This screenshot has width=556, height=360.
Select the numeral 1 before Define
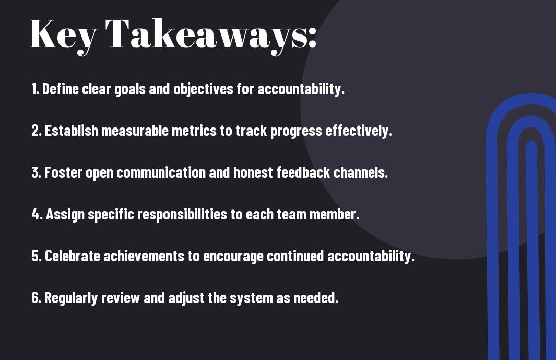click(34, 89)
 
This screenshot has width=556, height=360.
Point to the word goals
click(130, 89)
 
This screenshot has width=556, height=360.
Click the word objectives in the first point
click(203, 89)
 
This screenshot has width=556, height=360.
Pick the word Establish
click(72, 131)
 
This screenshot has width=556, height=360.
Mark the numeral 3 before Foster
click(35, 172)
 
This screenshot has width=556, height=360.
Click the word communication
click(161, 172)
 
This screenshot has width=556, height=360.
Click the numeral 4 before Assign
click(36, 214)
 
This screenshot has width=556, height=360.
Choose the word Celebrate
click(73, 256)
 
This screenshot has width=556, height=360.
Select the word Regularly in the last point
click(71, 298)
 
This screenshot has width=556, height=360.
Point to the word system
click(251, 298)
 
